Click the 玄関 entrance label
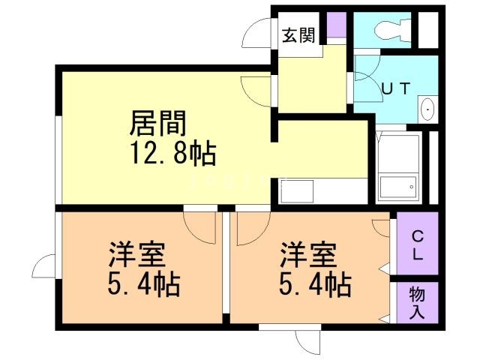click(x=298, y=34)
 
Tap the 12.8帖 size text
click(x=172, y=154)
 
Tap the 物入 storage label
click(x=417, y=303)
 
